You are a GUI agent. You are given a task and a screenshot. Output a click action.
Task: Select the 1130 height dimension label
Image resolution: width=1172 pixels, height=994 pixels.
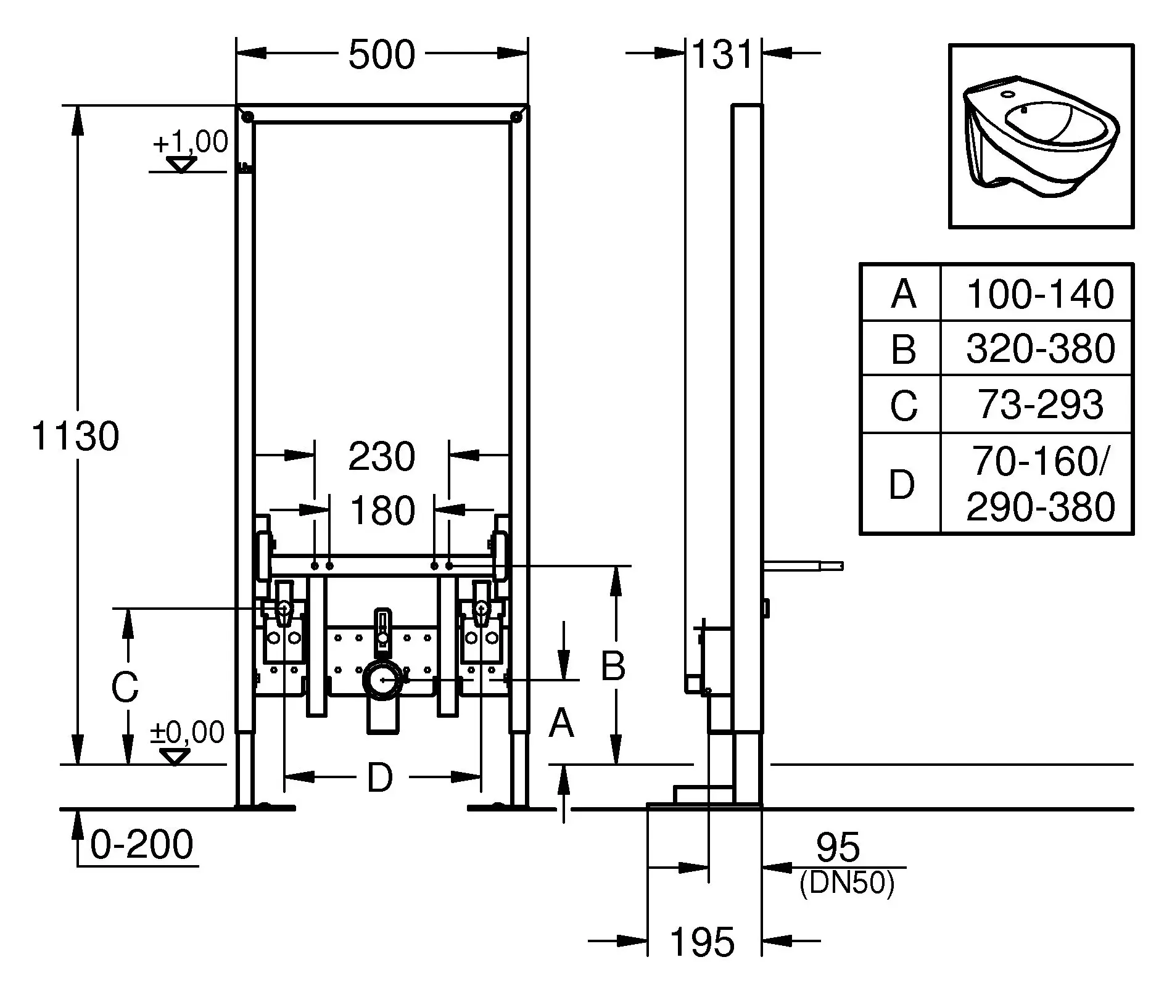coord(75,437)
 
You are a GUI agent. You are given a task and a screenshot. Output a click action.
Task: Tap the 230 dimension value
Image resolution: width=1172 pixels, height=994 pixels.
coord(382,457)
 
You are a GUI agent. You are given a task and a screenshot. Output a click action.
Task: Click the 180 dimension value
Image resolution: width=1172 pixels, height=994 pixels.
coord(382,511)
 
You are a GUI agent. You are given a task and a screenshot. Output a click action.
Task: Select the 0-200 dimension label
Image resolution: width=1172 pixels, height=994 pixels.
coord(142,844)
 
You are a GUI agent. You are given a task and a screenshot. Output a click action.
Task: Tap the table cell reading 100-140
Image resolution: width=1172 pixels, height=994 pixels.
coord(1040,294)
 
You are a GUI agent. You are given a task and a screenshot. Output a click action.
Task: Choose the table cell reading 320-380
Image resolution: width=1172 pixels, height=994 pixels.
coord(1040,348)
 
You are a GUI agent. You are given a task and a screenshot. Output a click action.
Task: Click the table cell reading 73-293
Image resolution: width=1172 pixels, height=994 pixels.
coord(1040,405)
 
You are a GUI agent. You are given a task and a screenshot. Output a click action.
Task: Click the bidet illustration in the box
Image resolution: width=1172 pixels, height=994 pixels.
coord(1041,137)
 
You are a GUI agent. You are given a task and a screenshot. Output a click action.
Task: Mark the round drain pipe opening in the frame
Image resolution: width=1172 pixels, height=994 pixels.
coord(384,680)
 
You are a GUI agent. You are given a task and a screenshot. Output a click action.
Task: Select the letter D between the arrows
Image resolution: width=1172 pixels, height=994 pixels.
coord(380,778)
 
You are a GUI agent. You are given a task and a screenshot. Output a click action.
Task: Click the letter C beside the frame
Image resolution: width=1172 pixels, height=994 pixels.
coord(125,687)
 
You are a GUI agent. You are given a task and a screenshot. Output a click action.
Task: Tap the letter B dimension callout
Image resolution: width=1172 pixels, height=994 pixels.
coord(613,666)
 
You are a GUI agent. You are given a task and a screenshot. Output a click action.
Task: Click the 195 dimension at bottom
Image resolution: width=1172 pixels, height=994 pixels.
coord(703,942)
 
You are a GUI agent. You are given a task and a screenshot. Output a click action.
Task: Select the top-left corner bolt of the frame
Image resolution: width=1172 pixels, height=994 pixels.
coord(247,117)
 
